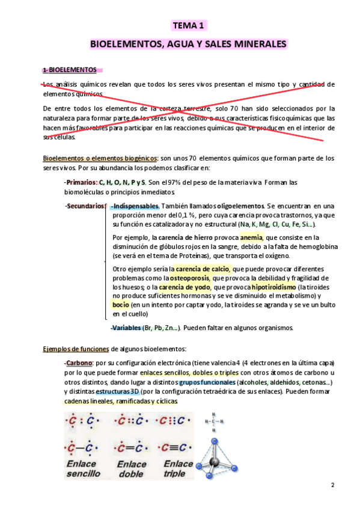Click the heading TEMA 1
(x=189, y=25)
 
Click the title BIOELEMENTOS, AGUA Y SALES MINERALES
(x=189, y=45)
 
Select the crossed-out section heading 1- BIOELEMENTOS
(x=69, y=70)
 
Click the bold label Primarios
(x=81, y=182)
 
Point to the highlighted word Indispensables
(x=135, y=206)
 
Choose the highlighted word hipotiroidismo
(x=273, y=287)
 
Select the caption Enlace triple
(x=178, y=469)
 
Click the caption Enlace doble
(x=132, y=469)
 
